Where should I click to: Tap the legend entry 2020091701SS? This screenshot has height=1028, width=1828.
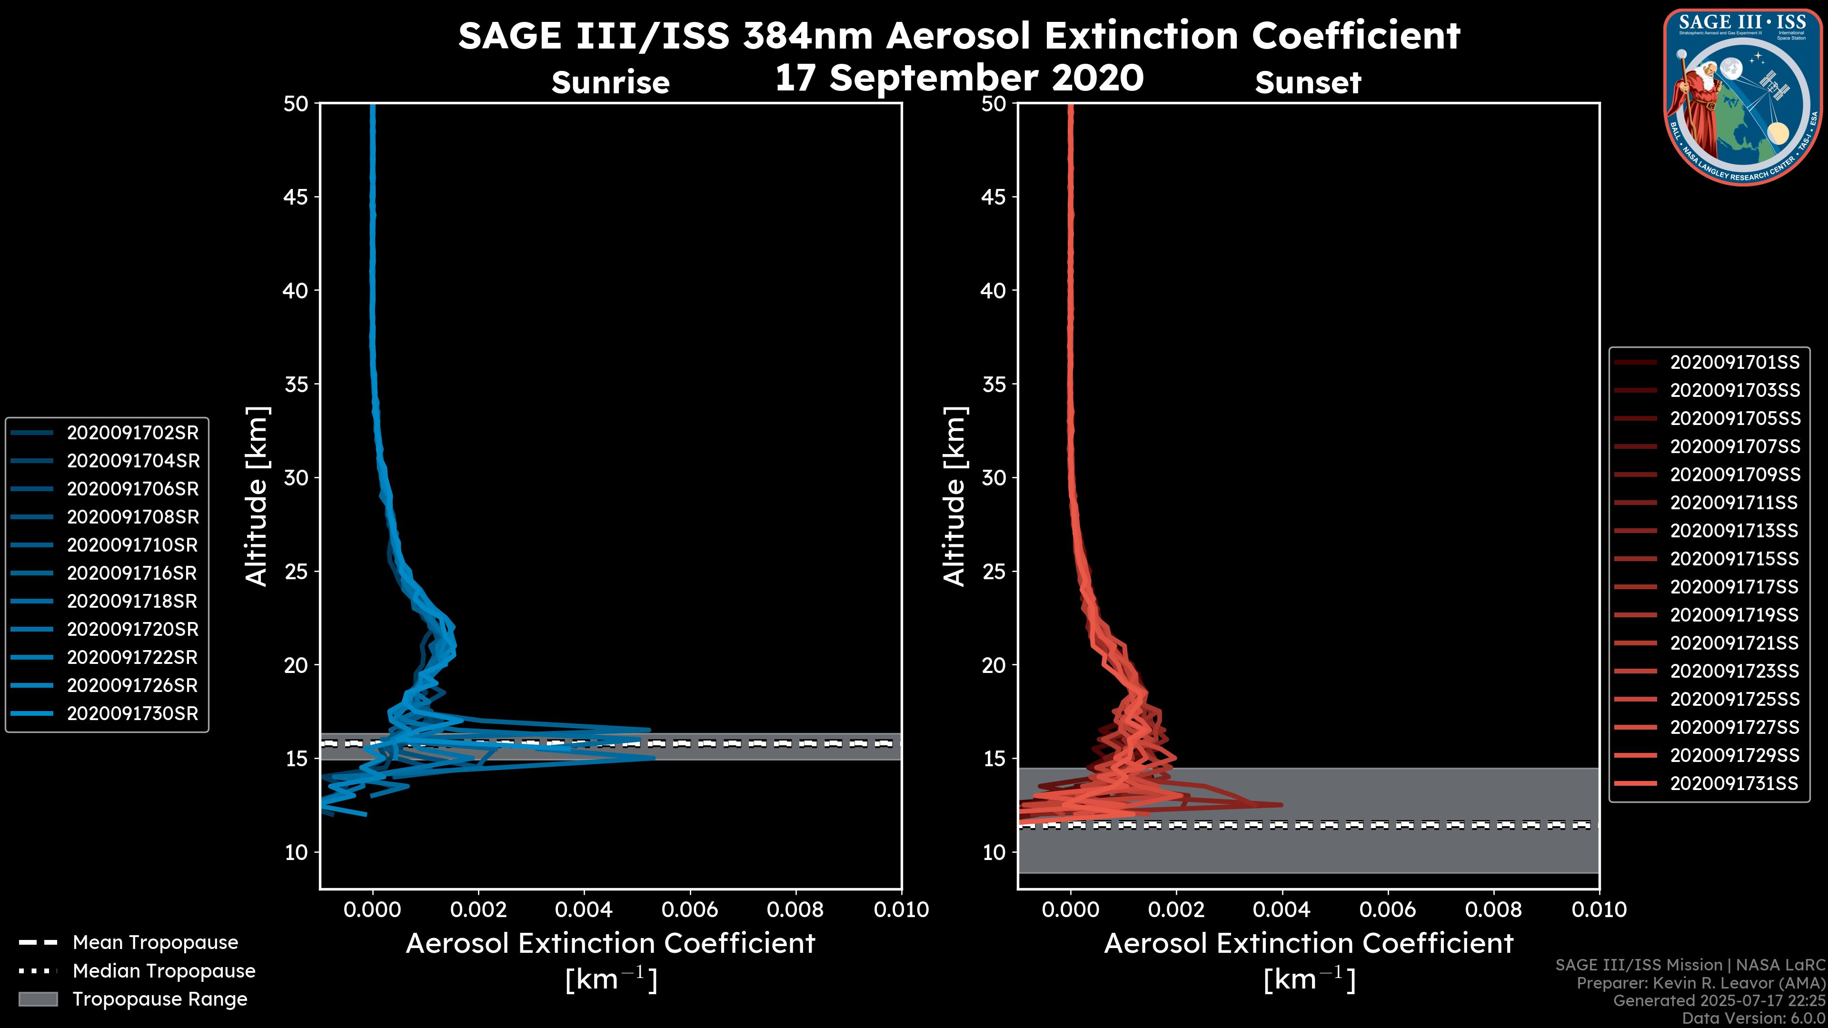click(x=1734, y=363)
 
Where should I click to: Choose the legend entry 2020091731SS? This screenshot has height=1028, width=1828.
click(x=1734, y=783)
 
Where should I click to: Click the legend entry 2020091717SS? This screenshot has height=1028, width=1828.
click(x=1734, y=587)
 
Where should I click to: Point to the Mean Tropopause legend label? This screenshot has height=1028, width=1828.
click(x=155, y=943)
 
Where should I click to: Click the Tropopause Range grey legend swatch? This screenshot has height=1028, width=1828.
click(x=38, y=999)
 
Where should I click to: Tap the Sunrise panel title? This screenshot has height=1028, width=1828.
click(x=610, y=83)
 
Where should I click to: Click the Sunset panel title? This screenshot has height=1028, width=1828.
click(x=1308, y=83)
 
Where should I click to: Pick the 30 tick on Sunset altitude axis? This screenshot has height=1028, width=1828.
click(x=993, y=478)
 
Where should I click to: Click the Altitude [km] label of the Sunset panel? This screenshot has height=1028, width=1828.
click(x=954, y=496)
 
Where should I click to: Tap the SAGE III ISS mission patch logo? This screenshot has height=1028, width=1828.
click(x=1744, y=97)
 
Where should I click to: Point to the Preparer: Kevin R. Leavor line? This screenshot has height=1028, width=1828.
click(x=1700, y=983)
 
